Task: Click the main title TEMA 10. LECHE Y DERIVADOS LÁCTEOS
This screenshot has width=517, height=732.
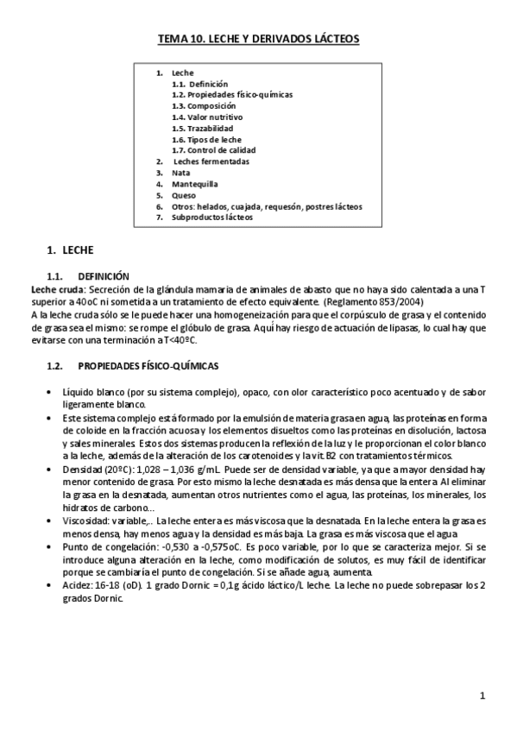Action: click(x=258, y=39)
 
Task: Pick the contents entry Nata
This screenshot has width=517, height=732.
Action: click(x=181, y=173)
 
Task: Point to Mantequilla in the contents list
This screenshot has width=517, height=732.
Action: click(x=195, y=184)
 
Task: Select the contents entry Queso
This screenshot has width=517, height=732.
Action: click(x=184, y=195)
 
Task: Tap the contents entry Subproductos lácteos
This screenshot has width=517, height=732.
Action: click(x=212, y=218)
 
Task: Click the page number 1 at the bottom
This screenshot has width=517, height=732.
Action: click(x=482, y=696)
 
